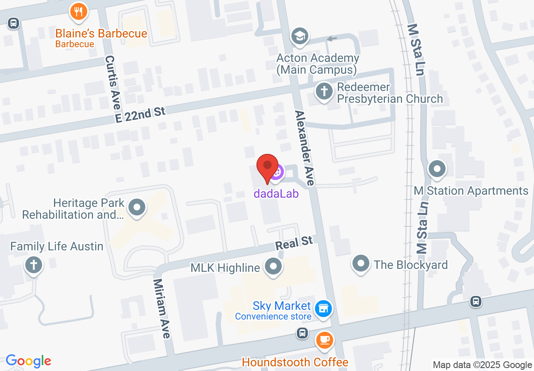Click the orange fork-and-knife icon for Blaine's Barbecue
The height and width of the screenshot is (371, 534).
[x=78, y=11]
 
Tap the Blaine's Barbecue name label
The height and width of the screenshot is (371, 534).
[x=101, y=33]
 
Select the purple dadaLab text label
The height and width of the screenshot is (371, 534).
[x=276, y=194]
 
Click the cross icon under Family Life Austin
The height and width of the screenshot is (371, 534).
[x=34, y=266]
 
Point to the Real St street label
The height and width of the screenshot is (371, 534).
[x=294, y=243]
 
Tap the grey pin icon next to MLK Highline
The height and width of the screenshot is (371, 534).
[x=273, y=266]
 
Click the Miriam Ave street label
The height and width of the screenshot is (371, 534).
[x=162, y=308]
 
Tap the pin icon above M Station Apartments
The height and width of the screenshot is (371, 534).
[x=437, y=169]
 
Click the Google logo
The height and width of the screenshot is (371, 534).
[x=28, y=361]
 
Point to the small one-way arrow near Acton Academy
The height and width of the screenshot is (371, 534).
[x=332, y=39]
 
